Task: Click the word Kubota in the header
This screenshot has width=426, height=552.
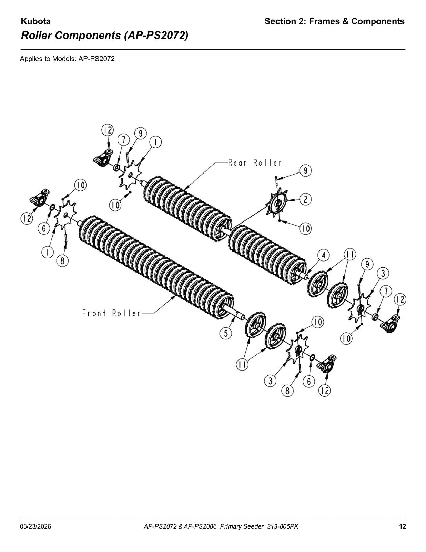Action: coord(35,21)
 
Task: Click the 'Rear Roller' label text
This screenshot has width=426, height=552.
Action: coord(255,162)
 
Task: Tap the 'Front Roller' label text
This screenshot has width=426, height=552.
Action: coord(111,313)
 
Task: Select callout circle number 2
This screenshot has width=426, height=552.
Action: coord(305,199)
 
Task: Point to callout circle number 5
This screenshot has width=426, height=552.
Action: coord(226,334)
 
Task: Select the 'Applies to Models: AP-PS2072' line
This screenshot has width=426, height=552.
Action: coord(67,59)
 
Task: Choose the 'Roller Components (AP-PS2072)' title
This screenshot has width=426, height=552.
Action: coord(104,36)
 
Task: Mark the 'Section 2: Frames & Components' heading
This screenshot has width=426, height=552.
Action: coord(334,21)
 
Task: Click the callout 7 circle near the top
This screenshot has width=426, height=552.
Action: coord(124,139)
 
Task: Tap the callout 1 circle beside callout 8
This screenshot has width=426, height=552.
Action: coord(48,252)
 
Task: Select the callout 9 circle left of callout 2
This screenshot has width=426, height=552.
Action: coord(305,171)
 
